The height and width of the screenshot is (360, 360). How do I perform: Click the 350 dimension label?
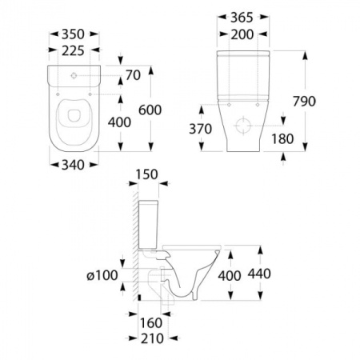pos(73,34)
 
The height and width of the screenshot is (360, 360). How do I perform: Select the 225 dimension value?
pos(73,50)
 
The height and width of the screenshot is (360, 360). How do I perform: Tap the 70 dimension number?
pos(133,75)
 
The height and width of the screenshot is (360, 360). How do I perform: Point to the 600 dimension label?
pos(150,110)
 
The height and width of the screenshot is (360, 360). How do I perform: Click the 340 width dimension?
pos(73,165)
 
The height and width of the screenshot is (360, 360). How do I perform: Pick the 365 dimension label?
pos(242,18)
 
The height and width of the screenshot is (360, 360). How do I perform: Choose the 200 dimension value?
pos(242,34)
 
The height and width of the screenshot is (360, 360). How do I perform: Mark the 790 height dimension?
pos(304,102)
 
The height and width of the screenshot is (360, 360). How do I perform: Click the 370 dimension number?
pos(201,129)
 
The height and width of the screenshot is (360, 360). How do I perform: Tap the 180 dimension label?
pos(282,138)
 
